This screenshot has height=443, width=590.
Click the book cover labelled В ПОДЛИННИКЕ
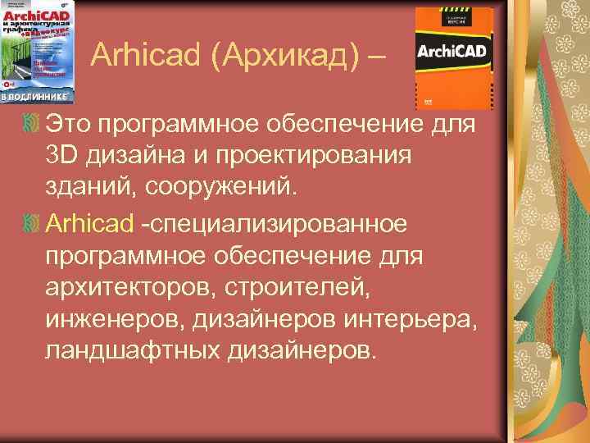37,52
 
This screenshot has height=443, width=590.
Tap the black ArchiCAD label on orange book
453,51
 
